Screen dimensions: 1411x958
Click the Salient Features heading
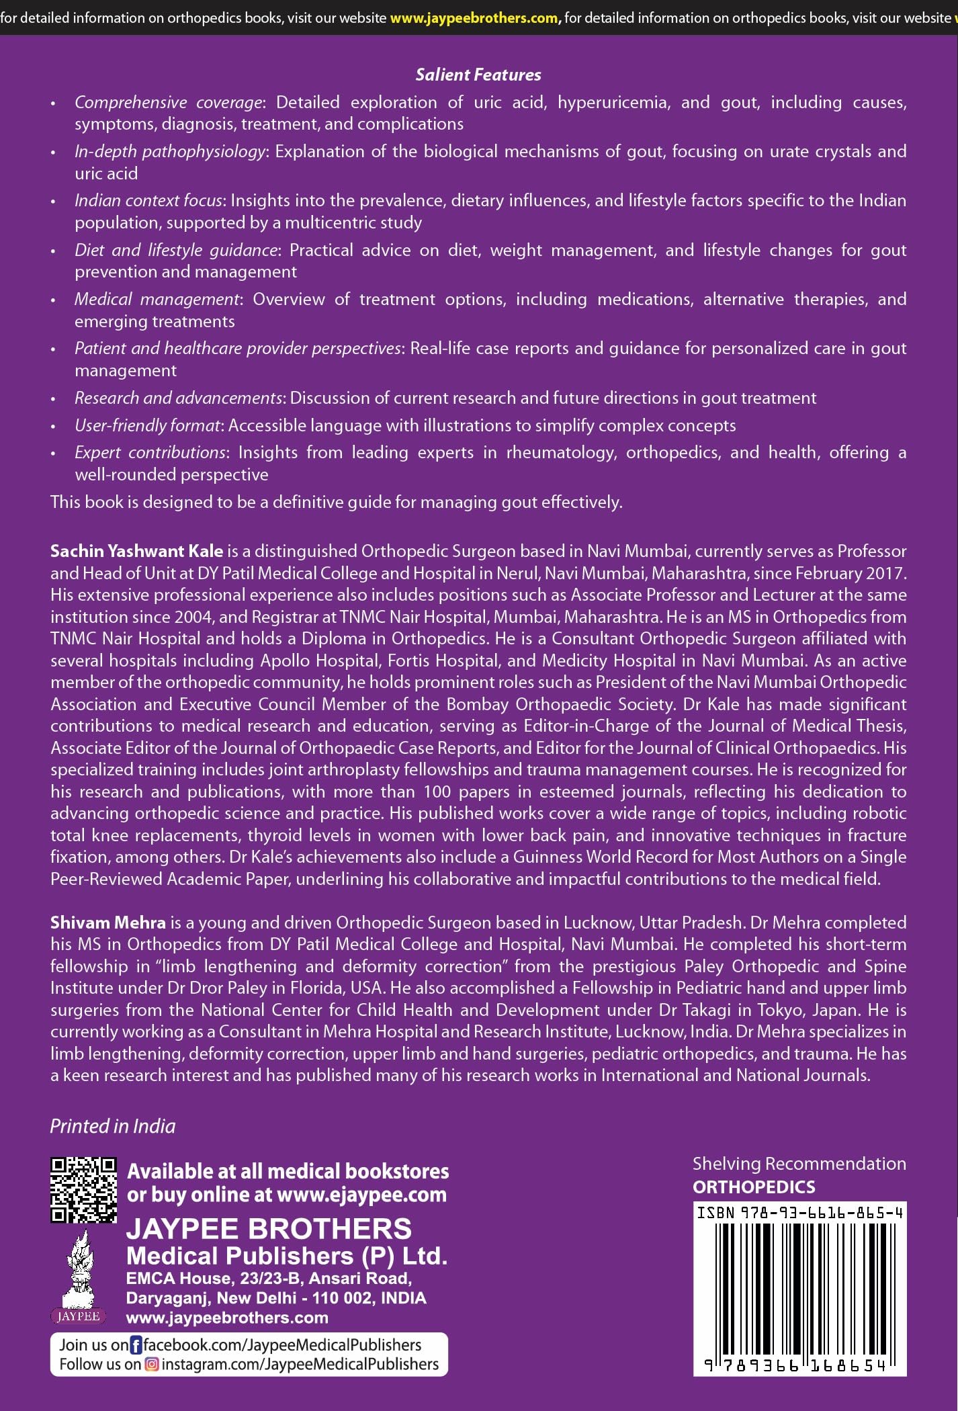pyautogui.click(x=478, y=75)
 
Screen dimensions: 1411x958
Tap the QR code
pyautogui.click(x=83, y=1190)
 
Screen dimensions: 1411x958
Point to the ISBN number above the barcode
pyautogui.click(x=799, y=1213)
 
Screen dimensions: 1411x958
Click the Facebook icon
pyautogui.click(x=136, y=1345)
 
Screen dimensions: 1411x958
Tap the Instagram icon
pyautogui.click(x=153, y=1365)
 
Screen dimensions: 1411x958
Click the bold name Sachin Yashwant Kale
pyautogui.click(x=136, y=551)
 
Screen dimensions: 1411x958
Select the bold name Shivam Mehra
pyautogui.click(x=107, y=923)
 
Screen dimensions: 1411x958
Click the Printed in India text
pyautogui.click(x=113, y=1127)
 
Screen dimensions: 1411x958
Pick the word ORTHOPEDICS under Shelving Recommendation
pyautogui.click(x=754, y=1187)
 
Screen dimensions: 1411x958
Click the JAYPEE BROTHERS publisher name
pyautogui.click(x=269, y=1229)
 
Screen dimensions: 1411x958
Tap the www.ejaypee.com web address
pyautogui.click(x=361, y=1195)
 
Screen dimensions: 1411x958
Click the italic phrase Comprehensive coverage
pyautogui.click(x=168, y=102)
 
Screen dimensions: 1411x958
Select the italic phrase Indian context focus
pyautogui.click(x=148, y=200)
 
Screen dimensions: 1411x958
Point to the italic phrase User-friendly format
pyautogui.click(x=148, y=425)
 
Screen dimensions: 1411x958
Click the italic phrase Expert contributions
pyautogui.click(x=150, y=452)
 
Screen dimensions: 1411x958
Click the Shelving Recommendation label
pyautogui.click(x=799, y=1164)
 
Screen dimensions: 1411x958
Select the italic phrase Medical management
pyautogui.click(x=157, y=299)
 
